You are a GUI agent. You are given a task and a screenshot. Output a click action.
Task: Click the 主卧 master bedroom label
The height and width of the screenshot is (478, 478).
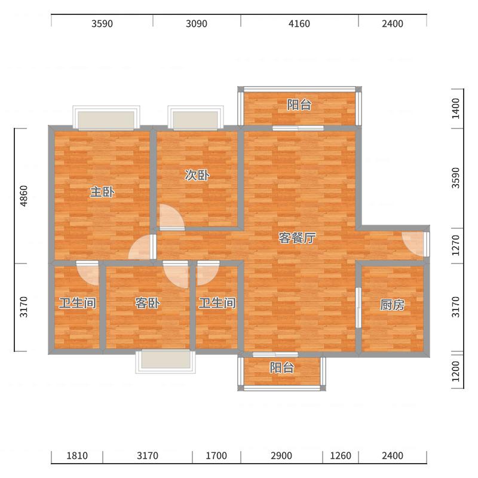point(102,192)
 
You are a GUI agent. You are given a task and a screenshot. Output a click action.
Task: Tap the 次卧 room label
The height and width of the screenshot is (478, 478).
point(197,175)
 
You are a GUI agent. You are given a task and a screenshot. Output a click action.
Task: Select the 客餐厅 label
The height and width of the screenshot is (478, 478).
point(297,238)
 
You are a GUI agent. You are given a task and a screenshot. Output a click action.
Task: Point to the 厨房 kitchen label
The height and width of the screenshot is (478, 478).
point(393,305)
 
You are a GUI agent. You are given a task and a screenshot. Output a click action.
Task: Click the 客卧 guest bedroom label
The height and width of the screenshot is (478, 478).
point(148,303)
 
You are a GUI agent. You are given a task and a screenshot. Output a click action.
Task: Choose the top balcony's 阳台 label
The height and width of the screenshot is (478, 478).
point(299,105)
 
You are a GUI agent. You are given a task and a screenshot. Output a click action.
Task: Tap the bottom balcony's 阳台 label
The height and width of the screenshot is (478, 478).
point(281,368)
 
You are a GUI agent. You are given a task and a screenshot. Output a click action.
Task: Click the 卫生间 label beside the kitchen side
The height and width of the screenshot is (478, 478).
point(217,303)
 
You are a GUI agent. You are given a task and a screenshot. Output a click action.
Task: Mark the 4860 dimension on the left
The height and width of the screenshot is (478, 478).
point(24,196)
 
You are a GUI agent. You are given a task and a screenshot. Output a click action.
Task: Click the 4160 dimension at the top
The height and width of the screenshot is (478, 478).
point(299,23)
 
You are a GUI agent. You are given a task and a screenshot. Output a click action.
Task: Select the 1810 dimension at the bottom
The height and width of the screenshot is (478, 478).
point(77,456)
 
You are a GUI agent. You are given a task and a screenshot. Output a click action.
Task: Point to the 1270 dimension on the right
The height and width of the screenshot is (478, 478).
point(455,246)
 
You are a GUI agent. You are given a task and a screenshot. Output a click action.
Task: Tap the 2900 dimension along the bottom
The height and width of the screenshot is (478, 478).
point(281,456)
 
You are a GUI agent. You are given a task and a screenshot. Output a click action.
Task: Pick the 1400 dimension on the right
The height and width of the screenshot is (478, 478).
point(455,109)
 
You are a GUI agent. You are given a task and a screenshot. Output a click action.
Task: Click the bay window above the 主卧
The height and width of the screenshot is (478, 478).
point(106,118)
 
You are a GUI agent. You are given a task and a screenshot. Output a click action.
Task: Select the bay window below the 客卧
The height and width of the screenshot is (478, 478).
point(166,361)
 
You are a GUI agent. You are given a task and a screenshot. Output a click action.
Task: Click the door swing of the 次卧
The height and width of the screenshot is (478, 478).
point(171,217)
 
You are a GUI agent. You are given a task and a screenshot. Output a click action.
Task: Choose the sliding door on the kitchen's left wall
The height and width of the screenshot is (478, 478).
point(358,308)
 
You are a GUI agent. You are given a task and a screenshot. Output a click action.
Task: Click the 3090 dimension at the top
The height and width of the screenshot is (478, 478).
point(197,23)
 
